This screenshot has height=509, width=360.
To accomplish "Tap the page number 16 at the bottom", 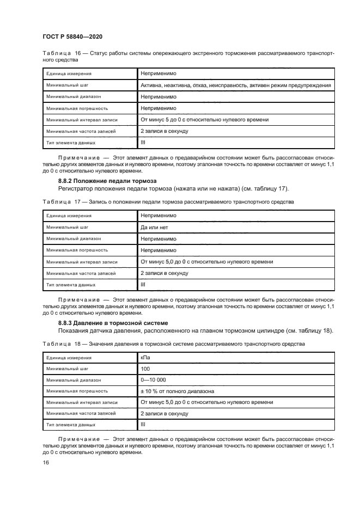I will pyautogui.click(x=46, y=462).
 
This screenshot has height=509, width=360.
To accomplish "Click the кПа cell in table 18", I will pyautogui.click(x=145, y=358).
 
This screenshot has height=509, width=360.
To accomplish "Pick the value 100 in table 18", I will pyautogui.click(x=145, y=369).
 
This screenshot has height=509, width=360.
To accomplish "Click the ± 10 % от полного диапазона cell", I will pyautogui.click(x=177, y=391).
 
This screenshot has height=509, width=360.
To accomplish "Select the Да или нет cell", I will pyautogui.click(x=155, y=226).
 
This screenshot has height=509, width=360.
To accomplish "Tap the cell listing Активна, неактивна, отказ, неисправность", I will pyautogui.click(x=235, y=85).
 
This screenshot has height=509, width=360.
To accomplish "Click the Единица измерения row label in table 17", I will pyautogui.click(x=69, y=216).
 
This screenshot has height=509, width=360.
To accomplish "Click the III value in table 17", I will pyautogui.click(x=143, y=284).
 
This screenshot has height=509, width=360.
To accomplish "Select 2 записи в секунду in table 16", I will pyautogui.click(x=164, y=131).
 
